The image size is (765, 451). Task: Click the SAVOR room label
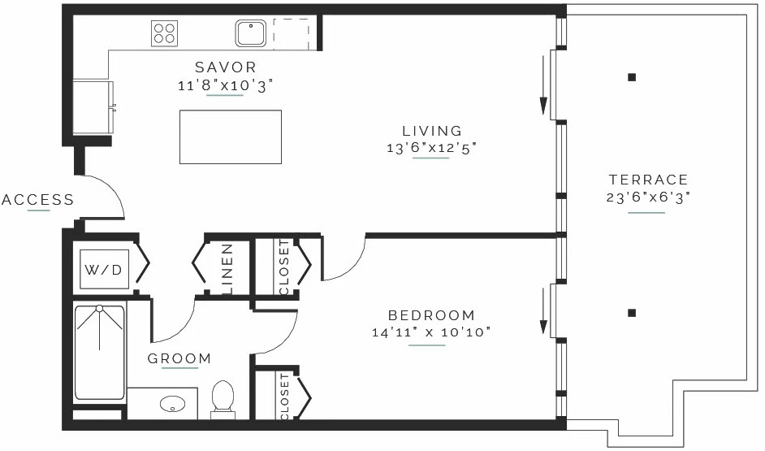click(x=226, y=67)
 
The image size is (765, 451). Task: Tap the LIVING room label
click(x=432, y=131)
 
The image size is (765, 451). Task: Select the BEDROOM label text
click(x=431, y=315)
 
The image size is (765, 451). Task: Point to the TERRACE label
click(x=648, y=180)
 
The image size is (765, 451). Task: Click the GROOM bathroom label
click(x=179, y=358)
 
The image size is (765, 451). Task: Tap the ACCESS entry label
click(x=37, y=200)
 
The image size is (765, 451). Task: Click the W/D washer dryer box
click(x=104, y=270)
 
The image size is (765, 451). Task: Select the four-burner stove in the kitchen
click(x=164, y=33)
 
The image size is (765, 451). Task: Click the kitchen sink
click(x=251, y=33)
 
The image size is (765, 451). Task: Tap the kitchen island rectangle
click(x=231, y=137)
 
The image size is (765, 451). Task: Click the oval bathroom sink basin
click(x=173, y=404)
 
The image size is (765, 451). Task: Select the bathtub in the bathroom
click(x=100, y=353)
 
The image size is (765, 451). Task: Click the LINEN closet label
click(x=227, y=269)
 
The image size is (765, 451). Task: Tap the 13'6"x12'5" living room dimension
click(x=431, y=147)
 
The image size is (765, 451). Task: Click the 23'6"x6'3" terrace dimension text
click(x=648, y=197)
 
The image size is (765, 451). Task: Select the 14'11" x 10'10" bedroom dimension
click(x=431, y=332)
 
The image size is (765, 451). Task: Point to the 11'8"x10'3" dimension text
click(x=225, y=85)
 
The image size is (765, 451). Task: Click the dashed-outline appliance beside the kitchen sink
click(x=292, y=34)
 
